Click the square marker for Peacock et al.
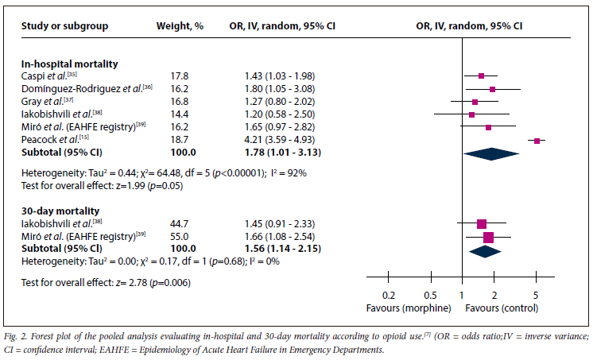click(x=537, y=141)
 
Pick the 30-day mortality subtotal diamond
click(x=485, y=250)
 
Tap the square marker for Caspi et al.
click(x=482, y=76)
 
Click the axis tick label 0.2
click(x=389, y=295)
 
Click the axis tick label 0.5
click(x=431, y=295)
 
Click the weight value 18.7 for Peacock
click(x=181, y=140)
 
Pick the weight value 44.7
click(x=181, y=224)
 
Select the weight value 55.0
click(x=181, y=237)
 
